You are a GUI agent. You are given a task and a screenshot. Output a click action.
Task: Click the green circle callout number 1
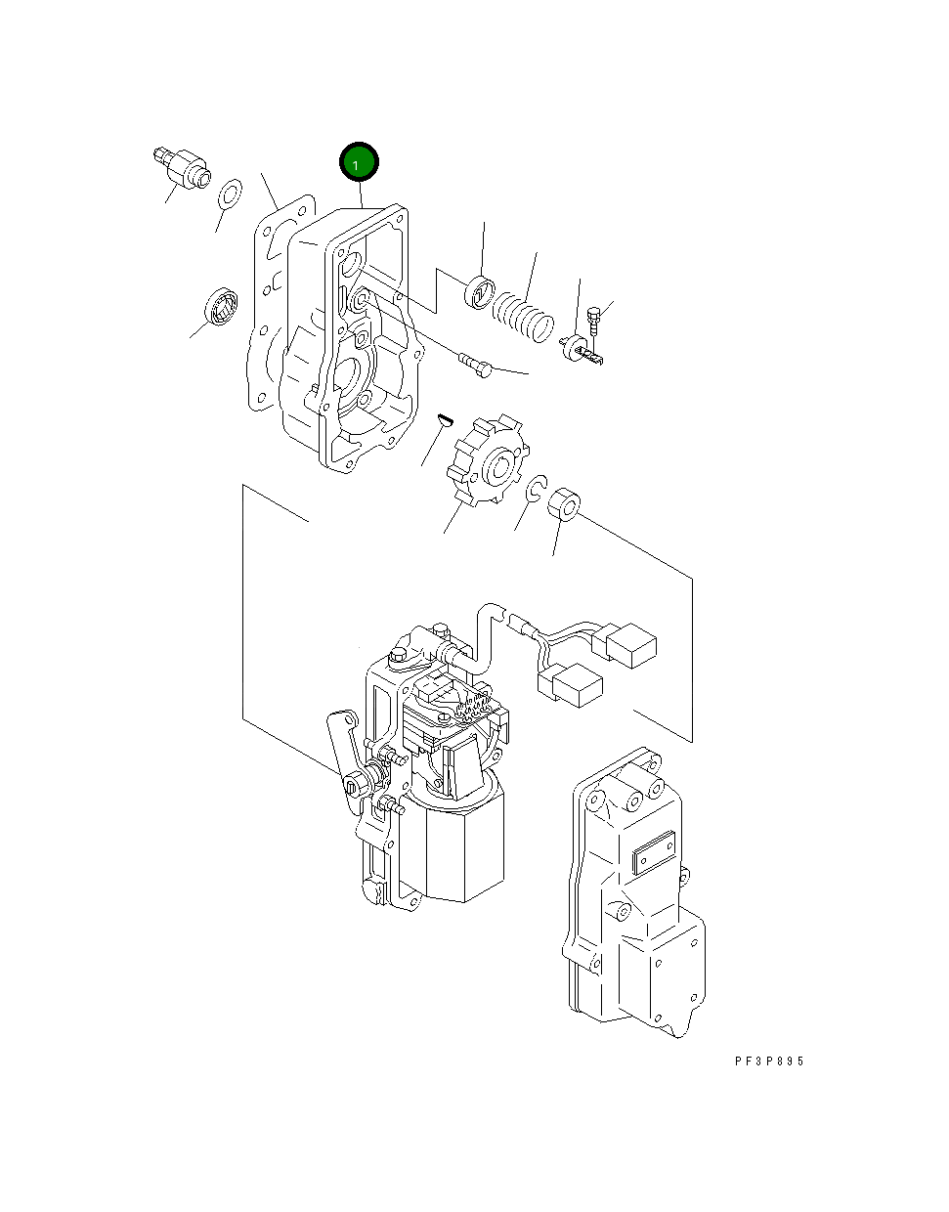[x=358, y=163]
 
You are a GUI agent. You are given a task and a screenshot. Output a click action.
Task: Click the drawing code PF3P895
[x=769, y=1061]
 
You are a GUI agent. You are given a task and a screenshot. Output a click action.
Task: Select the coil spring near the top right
[x=522, y=319]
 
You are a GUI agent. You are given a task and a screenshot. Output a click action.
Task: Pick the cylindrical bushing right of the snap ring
[x=565, y=505]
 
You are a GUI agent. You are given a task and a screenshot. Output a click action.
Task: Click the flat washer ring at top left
[x=230, y=194]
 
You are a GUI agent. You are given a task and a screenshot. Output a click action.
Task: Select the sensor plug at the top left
[x=183, y=167]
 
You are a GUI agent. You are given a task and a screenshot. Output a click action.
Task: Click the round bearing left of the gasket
[x=221, y=306]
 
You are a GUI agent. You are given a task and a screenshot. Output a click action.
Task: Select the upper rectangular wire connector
[x=631, y=645]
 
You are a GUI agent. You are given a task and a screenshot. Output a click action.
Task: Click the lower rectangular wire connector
[x=577, y=684]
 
